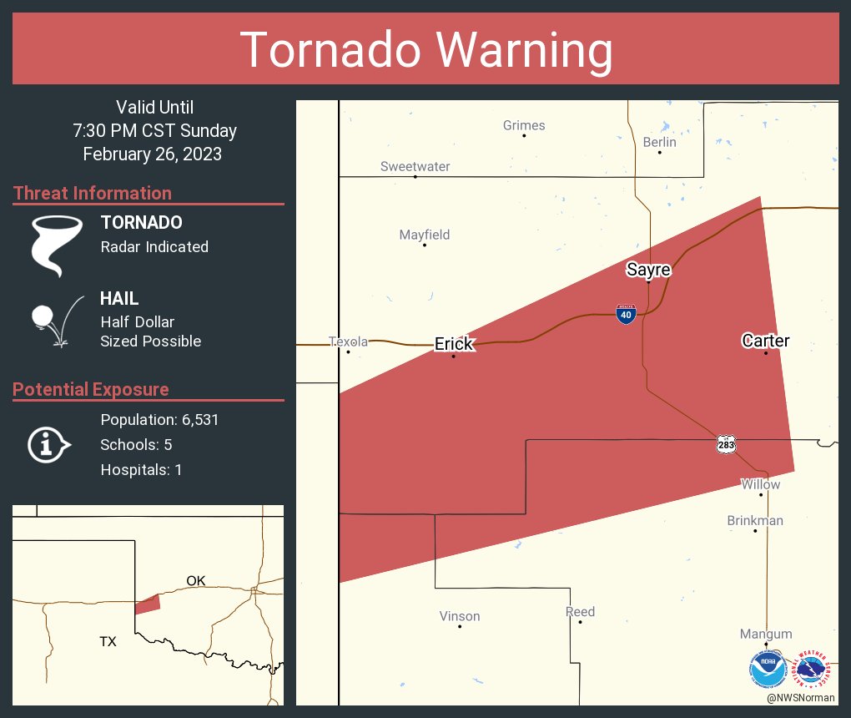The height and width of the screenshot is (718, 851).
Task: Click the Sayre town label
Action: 648,270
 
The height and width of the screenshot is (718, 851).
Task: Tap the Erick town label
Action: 454,344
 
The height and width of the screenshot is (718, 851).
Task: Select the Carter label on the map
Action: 765,341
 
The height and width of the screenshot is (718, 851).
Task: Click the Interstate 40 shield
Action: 626,314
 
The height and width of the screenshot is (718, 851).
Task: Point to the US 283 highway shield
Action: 726,444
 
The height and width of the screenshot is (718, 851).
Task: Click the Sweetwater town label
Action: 415,166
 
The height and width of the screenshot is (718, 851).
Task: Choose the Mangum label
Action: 765,634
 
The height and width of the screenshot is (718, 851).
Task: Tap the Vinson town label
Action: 460,616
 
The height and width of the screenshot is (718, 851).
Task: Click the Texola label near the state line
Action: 348,341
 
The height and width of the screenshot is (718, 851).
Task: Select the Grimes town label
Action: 524,125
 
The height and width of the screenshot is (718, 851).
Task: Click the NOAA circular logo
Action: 768,668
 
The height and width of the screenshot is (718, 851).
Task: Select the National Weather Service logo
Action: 813,668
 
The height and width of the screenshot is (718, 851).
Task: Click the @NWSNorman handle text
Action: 800,697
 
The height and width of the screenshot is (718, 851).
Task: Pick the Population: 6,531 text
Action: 159,420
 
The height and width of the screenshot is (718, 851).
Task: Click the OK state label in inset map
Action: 195,580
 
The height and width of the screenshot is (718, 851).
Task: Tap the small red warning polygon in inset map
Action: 147,604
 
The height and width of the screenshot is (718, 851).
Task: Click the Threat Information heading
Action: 93,193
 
